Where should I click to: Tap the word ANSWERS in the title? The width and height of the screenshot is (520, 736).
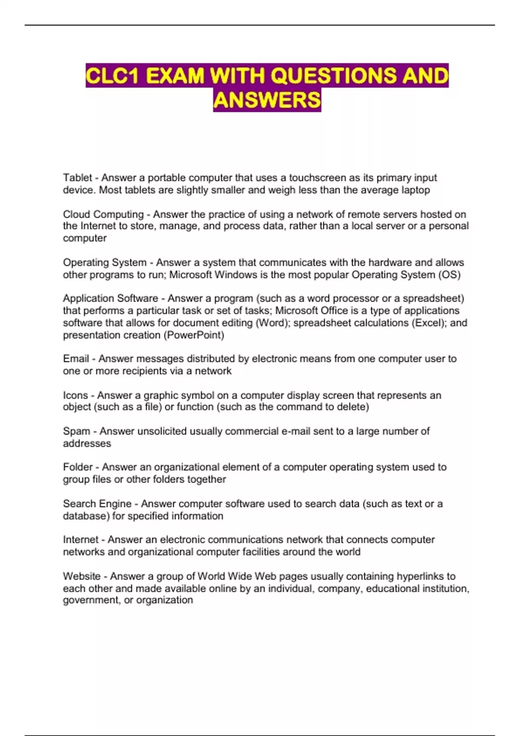coord(267,100)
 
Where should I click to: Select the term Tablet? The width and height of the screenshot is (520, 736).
coord(77,178)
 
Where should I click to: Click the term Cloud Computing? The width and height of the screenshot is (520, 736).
coord(103,214)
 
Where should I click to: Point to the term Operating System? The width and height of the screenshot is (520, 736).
coord(104,262)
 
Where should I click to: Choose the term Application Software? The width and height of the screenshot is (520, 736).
coord(110,298)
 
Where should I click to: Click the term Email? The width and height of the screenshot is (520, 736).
coord(76,358)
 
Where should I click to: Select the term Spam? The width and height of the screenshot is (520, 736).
coord(76,431)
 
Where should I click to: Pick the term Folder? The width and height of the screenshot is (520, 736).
coord(78,467)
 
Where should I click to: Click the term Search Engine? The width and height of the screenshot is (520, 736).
coord(97,504)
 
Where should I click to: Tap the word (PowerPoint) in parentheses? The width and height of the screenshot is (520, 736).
coord(194,335)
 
